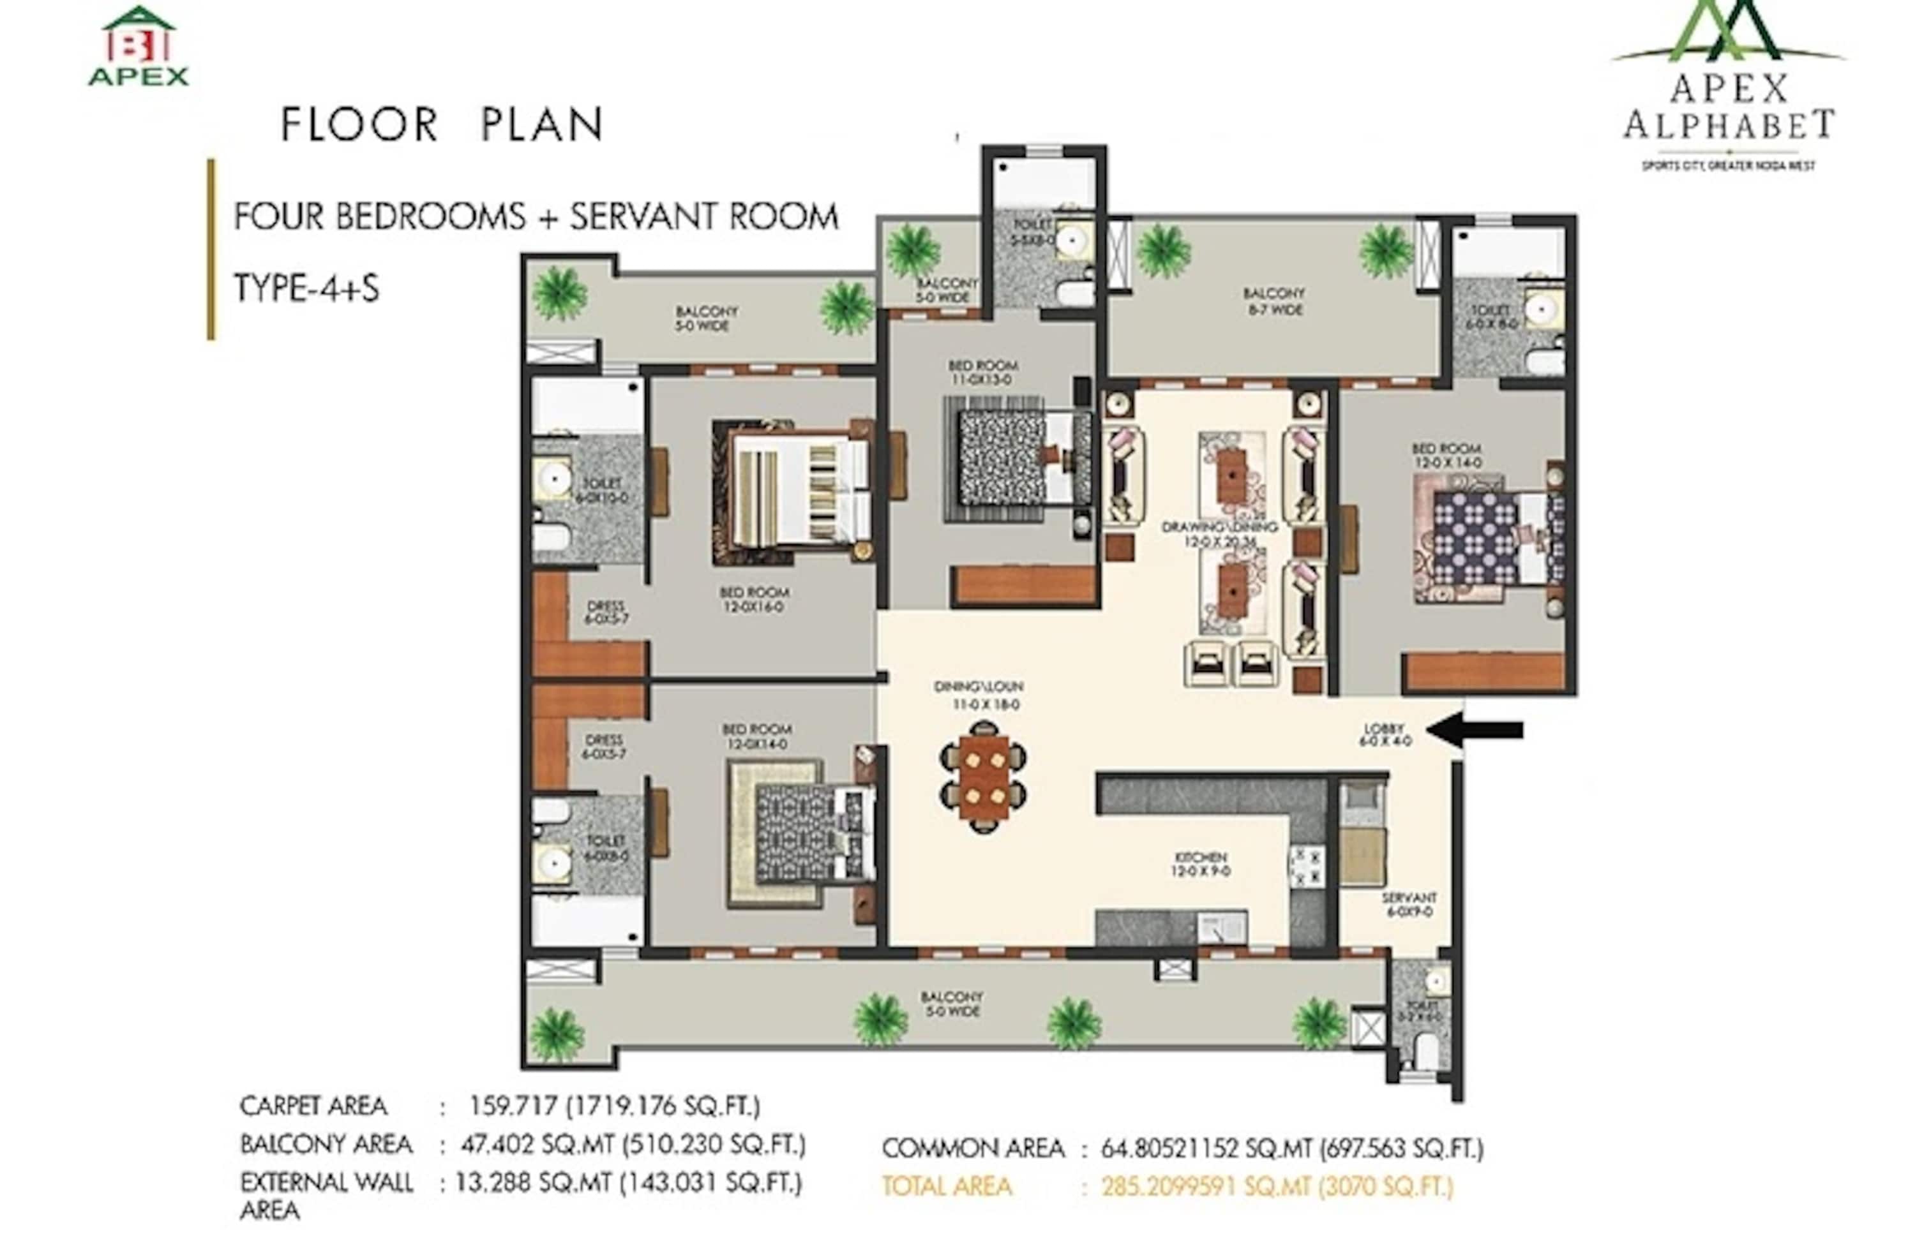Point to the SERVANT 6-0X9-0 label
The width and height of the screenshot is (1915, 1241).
click(x=1408, y=904)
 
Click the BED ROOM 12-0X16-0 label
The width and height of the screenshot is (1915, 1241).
click(x=754, y=599)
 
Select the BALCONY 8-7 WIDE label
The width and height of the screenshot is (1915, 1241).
click(x=1273, y=301)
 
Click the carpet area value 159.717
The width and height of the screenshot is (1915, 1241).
click(x=513, y=1106)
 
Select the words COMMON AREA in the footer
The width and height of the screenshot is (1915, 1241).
click(x=972, y=1148)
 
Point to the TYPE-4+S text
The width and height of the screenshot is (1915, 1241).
click(x=306, y=288)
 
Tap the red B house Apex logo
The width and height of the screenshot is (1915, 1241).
click(x=139, y=46)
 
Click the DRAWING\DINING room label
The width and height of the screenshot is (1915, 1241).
click(x=1219, y=533)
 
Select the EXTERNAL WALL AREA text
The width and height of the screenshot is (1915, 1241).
click(x=326, y=1195)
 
